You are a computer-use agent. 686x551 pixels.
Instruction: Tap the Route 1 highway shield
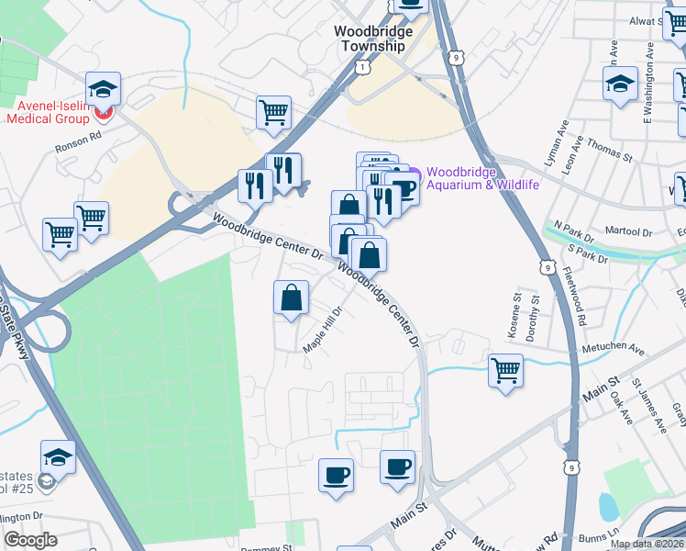(x=364, y=68)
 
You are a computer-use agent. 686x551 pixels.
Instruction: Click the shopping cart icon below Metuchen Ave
(x=505, y=370)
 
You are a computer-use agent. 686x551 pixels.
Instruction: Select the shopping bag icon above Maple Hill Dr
(x=291, y=297)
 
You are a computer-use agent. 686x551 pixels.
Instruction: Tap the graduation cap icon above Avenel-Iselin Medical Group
(x=104, y=89)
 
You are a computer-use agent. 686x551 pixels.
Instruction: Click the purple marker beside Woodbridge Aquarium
(x=414, y=174)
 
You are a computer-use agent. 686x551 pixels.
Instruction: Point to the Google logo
(x=30, y=540)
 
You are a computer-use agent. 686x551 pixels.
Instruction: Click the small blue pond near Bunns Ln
(x=606, y=505)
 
